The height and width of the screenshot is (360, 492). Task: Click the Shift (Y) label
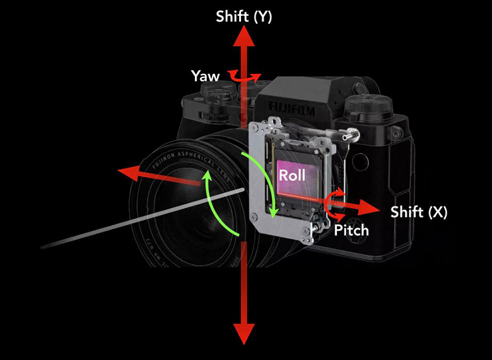[243, 17]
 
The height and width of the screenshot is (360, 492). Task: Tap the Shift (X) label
[419, 212]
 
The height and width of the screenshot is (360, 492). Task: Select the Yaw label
[206, 76]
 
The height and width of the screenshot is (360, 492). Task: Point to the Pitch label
[351, 230]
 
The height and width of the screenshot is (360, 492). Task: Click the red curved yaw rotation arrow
[243, 76]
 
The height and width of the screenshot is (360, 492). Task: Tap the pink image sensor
[296, 180]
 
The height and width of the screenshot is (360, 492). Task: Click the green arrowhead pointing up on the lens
[206, 179]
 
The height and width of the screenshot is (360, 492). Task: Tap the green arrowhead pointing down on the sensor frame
[273, 212]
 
